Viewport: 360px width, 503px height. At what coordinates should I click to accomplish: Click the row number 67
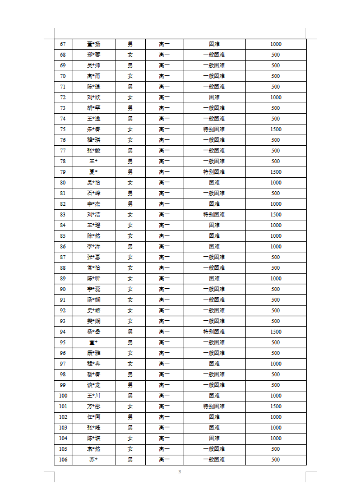[63, 44]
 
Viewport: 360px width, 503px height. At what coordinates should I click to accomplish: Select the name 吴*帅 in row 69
[94, 66]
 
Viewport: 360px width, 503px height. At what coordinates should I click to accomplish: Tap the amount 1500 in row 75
[275, 130]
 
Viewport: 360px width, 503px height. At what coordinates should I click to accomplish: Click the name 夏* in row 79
[94, 172]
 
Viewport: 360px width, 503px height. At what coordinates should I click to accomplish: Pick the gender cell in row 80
[130, 183]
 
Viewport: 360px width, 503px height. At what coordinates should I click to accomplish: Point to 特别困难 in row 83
[214, 215]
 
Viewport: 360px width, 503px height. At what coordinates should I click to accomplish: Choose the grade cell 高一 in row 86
[164, 247]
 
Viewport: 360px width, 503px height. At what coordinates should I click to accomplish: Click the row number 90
[63, 289]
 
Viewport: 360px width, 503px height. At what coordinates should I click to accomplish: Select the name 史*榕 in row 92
[94, 311]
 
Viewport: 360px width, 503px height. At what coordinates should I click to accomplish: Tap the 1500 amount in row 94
[275, 332]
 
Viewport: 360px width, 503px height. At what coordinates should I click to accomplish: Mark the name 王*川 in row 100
[94, 396]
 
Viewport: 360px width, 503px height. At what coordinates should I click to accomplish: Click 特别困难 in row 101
[214, 407]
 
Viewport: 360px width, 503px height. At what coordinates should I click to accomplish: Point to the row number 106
[63, 460]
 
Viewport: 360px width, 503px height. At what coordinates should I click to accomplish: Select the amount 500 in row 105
[275, 449]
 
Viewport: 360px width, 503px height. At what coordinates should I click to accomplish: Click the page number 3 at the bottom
[179, 472]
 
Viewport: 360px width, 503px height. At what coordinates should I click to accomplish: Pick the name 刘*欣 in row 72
[94, 98]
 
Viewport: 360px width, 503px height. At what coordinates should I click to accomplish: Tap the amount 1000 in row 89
[275, 279]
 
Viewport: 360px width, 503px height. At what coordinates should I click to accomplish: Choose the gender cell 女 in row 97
[130, 364]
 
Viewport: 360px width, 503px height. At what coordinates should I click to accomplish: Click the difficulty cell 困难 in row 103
[214, 428]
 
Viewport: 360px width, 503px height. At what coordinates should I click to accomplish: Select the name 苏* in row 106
[94, 460]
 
